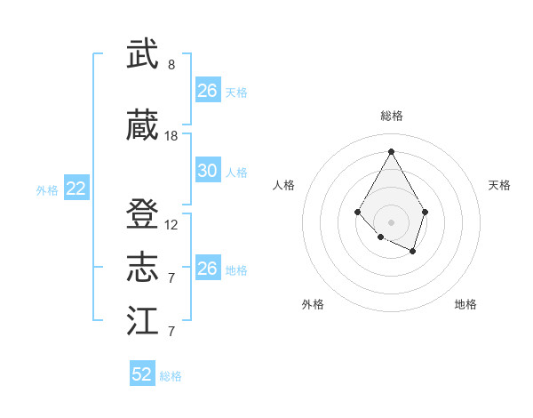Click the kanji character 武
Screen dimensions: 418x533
point(143,55)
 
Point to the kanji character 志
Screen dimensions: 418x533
point(143,267)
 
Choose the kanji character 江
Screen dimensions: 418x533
point(143,320)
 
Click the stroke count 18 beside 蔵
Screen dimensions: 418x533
point(171,136)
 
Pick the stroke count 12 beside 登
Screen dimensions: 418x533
point(171,225)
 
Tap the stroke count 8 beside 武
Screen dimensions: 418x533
point(171,65)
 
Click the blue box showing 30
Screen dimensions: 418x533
point(208,171)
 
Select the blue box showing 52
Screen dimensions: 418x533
point(142,374)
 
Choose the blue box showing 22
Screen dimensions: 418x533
point(76,189)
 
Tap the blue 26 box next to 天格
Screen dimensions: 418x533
point(208,91)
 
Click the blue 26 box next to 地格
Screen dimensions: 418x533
point(208,269)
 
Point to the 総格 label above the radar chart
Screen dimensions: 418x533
point(391,116)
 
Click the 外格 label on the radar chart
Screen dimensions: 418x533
point(313,304)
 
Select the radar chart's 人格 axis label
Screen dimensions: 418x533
point(284,185)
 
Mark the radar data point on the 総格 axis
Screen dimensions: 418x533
point(391,150)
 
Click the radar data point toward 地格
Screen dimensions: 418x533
point(413,252)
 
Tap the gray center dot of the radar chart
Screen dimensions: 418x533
point(391,221)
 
